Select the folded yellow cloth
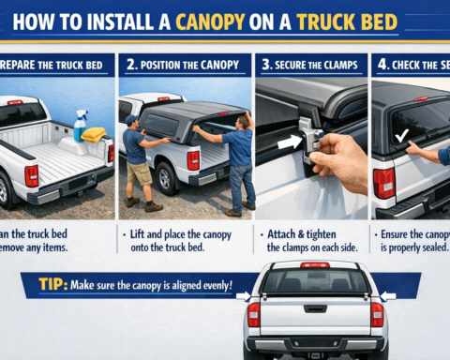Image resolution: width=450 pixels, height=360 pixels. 93,134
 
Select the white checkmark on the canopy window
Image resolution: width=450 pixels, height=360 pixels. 401,136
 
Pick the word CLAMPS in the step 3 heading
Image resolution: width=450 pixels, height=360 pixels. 334,65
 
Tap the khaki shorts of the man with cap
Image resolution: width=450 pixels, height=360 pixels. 139,174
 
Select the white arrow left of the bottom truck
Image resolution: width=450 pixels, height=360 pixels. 242,297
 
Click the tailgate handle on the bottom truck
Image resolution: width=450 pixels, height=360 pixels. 315,307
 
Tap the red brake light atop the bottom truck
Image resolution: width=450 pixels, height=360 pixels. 315,265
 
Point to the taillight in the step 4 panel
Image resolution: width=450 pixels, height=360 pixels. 383,183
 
